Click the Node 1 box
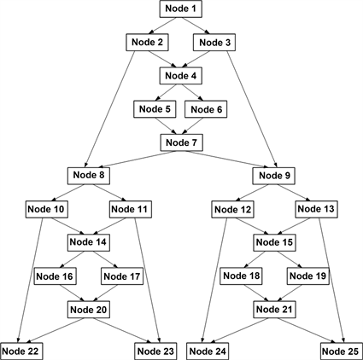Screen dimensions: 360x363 181,9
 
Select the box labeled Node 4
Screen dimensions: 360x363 181,75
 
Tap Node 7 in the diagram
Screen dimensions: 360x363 181,142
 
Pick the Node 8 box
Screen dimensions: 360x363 90,175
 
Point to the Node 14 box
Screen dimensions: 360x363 90,242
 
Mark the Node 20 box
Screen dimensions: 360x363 90,309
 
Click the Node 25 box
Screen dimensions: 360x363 341,351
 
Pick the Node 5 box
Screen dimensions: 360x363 155,108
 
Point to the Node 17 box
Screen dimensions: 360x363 122,276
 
